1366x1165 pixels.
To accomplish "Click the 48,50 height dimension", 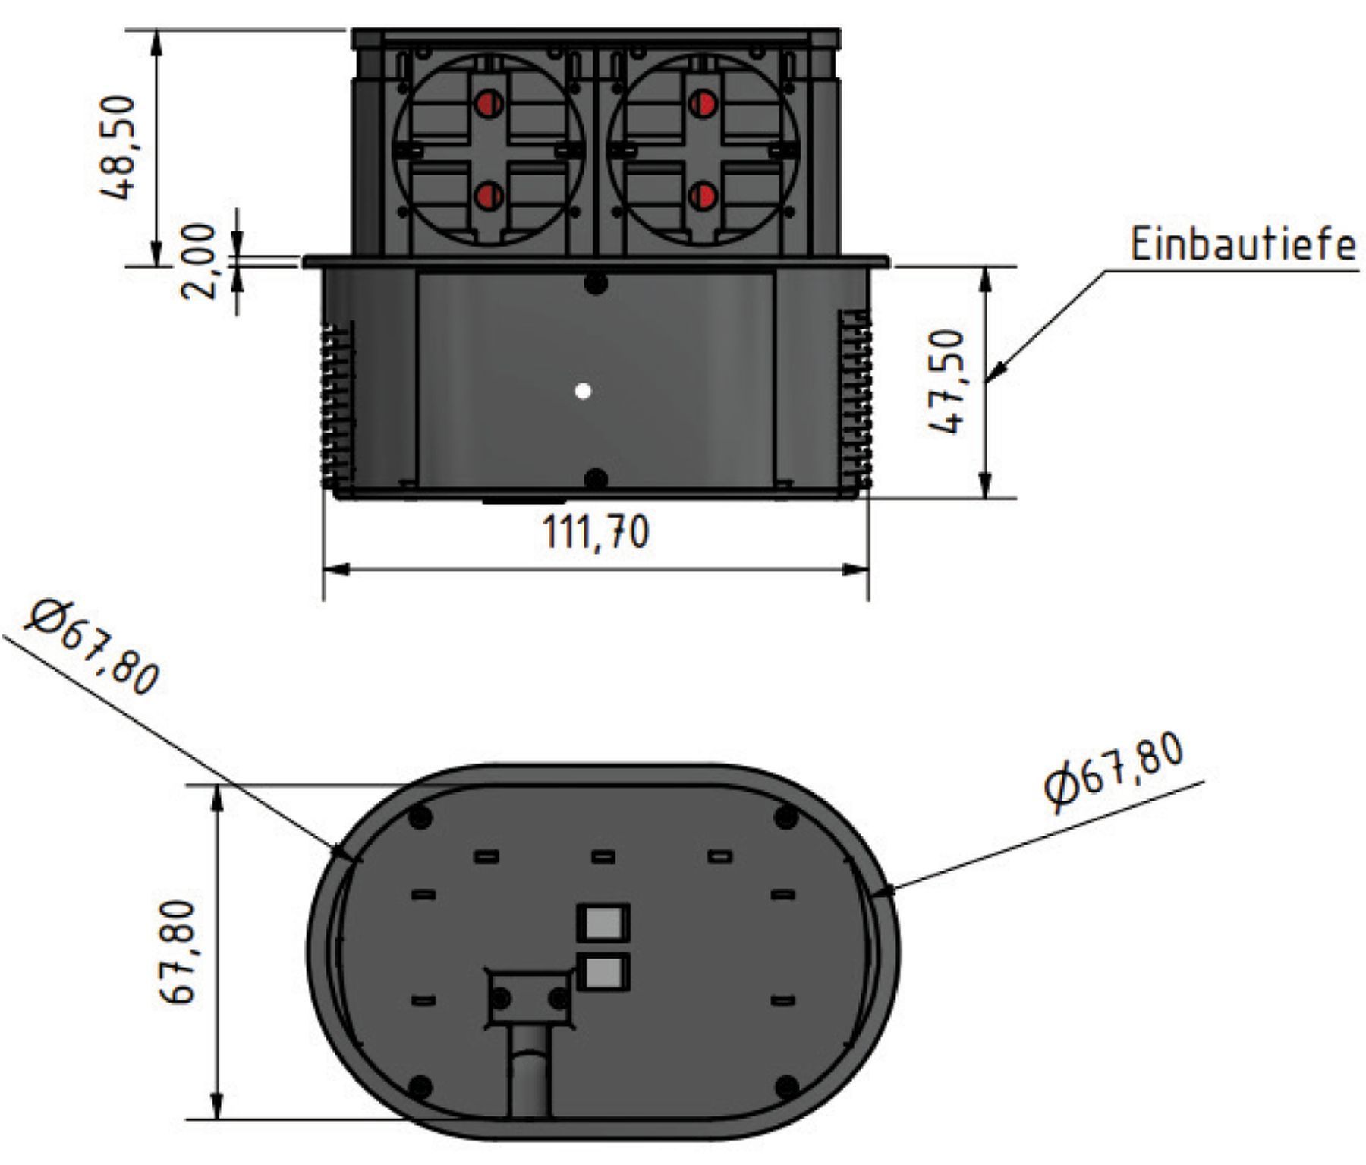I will tap(119, 146).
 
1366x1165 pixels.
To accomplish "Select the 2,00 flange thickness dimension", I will tap(200, 261).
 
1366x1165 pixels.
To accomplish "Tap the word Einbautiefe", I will tap(1242, 245).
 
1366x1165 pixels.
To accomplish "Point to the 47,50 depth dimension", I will tap(948, 382).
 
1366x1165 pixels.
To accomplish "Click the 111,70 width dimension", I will tap(596, 532).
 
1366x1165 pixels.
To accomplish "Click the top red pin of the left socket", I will tap(488, 102).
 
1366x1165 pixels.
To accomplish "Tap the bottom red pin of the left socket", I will tap(488, 197).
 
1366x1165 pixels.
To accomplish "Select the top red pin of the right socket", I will tap(703, 102).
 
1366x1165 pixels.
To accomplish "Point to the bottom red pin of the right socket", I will tap(703, 197).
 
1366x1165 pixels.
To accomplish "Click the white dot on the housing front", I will tap(583, 392).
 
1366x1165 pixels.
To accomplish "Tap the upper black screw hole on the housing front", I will tap(596, 285).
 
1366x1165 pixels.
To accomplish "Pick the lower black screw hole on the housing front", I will tap(596, 480).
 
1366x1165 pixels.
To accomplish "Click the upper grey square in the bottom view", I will tap(603, 922).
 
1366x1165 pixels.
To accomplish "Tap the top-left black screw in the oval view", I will tap(420, 817).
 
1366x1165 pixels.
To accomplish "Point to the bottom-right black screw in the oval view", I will tap(786, 1086).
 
